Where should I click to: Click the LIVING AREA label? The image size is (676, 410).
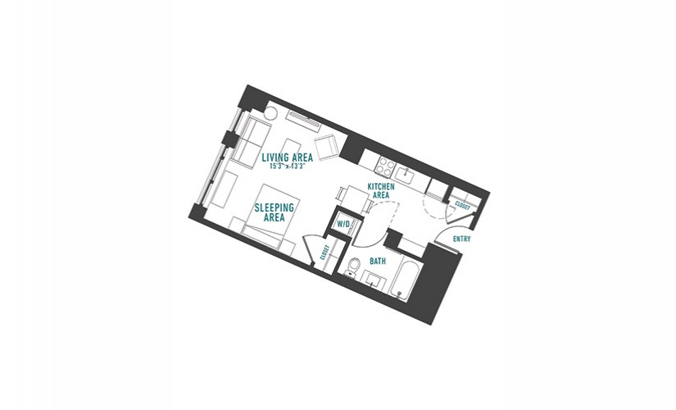tap(287, 157)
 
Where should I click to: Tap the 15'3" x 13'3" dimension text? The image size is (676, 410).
tap(287, 166)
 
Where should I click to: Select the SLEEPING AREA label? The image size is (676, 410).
tap(274, 212)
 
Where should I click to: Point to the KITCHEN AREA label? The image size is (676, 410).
tap(381, 191)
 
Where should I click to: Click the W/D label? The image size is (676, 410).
tap(343, 225)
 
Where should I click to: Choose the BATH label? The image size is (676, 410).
tap(378, 261)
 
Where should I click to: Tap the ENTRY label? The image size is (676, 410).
tap(462, 239)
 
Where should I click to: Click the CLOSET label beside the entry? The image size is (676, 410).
tap(462, 207)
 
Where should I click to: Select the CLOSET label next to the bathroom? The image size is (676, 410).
tap(325, 252)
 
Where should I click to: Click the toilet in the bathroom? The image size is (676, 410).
tap(353, 266)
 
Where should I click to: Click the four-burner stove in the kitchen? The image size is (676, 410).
tap(385, 167)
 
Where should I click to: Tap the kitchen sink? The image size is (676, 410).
tap(406, 175)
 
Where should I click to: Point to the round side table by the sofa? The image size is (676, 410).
tap(271, 113)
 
